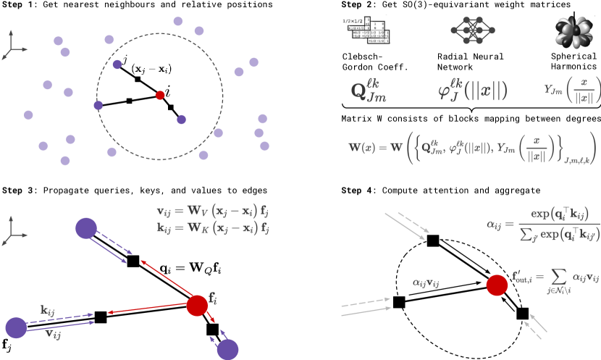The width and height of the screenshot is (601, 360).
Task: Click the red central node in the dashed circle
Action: click(160, 95)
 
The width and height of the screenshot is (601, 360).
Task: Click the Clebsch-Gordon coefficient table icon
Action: click(366, 31)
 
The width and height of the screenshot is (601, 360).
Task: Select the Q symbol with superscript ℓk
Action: click(369, 91)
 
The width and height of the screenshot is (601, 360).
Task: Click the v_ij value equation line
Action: click(213, 212)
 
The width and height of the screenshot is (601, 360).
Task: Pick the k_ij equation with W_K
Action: click(213, 227)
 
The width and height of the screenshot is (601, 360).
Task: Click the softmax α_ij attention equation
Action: click(542, 223)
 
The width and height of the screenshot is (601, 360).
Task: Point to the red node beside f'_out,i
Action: click(497, 285)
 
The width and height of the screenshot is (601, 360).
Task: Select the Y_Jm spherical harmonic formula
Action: click(572, 91)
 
